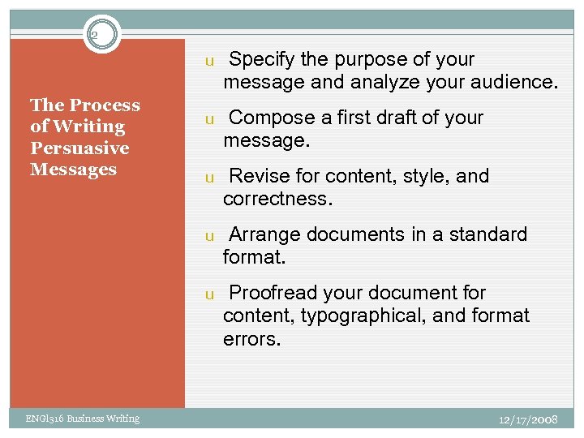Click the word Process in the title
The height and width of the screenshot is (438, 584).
click(x=105, y=105)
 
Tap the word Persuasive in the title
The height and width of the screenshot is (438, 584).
click(x=79, y=148)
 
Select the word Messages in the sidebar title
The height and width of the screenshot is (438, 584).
click(x=73, y=170)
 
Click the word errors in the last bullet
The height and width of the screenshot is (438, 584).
click(x=251, y=338)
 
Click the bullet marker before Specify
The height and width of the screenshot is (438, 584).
click(x=208, y=61)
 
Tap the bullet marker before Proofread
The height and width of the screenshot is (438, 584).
click(x=208, y=294)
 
